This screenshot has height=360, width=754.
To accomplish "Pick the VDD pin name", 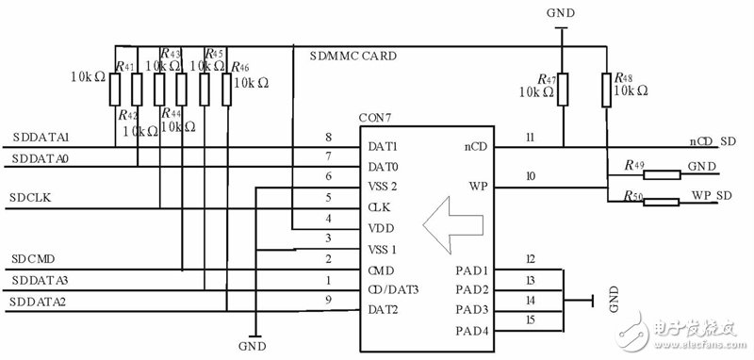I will coord(382,228).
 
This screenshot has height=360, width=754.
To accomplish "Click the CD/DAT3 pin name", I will coord(392,289).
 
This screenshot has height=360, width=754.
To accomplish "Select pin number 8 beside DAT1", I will coord(328,139).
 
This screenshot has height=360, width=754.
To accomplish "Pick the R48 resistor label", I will coord(624,77).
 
